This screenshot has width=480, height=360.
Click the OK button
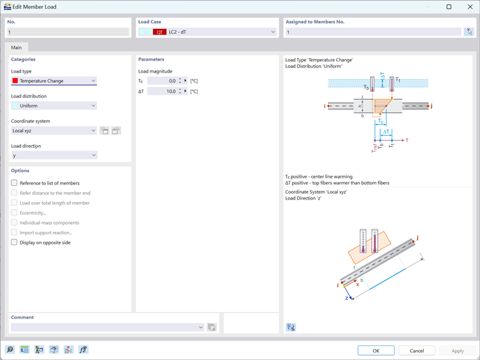click(x=376, y=351)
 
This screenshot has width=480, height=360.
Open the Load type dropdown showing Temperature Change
click(x=54, y=81)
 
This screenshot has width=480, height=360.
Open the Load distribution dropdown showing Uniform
click(x=54, y=105)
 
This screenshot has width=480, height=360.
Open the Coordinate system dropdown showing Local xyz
click(x=54, y=131)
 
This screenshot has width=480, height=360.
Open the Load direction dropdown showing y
click(x=54, y=155)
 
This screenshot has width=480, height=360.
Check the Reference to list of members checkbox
click(x=15, y=183)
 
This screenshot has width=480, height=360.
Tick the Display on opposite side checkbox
click(x=15, y=243)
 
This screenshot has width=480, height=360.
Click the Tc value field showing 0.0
click(x=162, y=81)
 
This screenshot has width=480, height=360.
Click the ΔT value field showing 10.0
click(x=162, y=92)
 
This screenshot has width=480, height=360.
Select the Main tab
click(x=16, y=47)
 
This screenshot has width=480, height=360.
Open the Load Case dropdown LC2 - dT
click(x=207, y=32)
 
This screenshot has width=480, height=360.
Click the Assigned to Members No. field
click(x=373, y=32)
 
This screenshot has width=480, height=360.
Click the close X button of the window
click(x=470, y=7)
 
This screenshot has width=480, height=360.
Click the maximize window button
click(x=449, y=7)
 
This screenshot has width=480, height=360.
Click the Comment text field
click(x=105, y=327)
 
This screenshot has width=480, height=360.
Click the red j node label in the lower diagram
click(x=417, y=237)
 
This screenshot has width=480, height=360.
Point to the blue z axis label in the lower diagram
click(x=347, y=297)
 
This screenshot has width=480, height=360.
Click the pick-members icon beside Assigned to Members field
click(x=469, y=32)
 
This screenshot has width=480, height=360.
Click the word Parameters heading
click(x=151, y=59)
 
